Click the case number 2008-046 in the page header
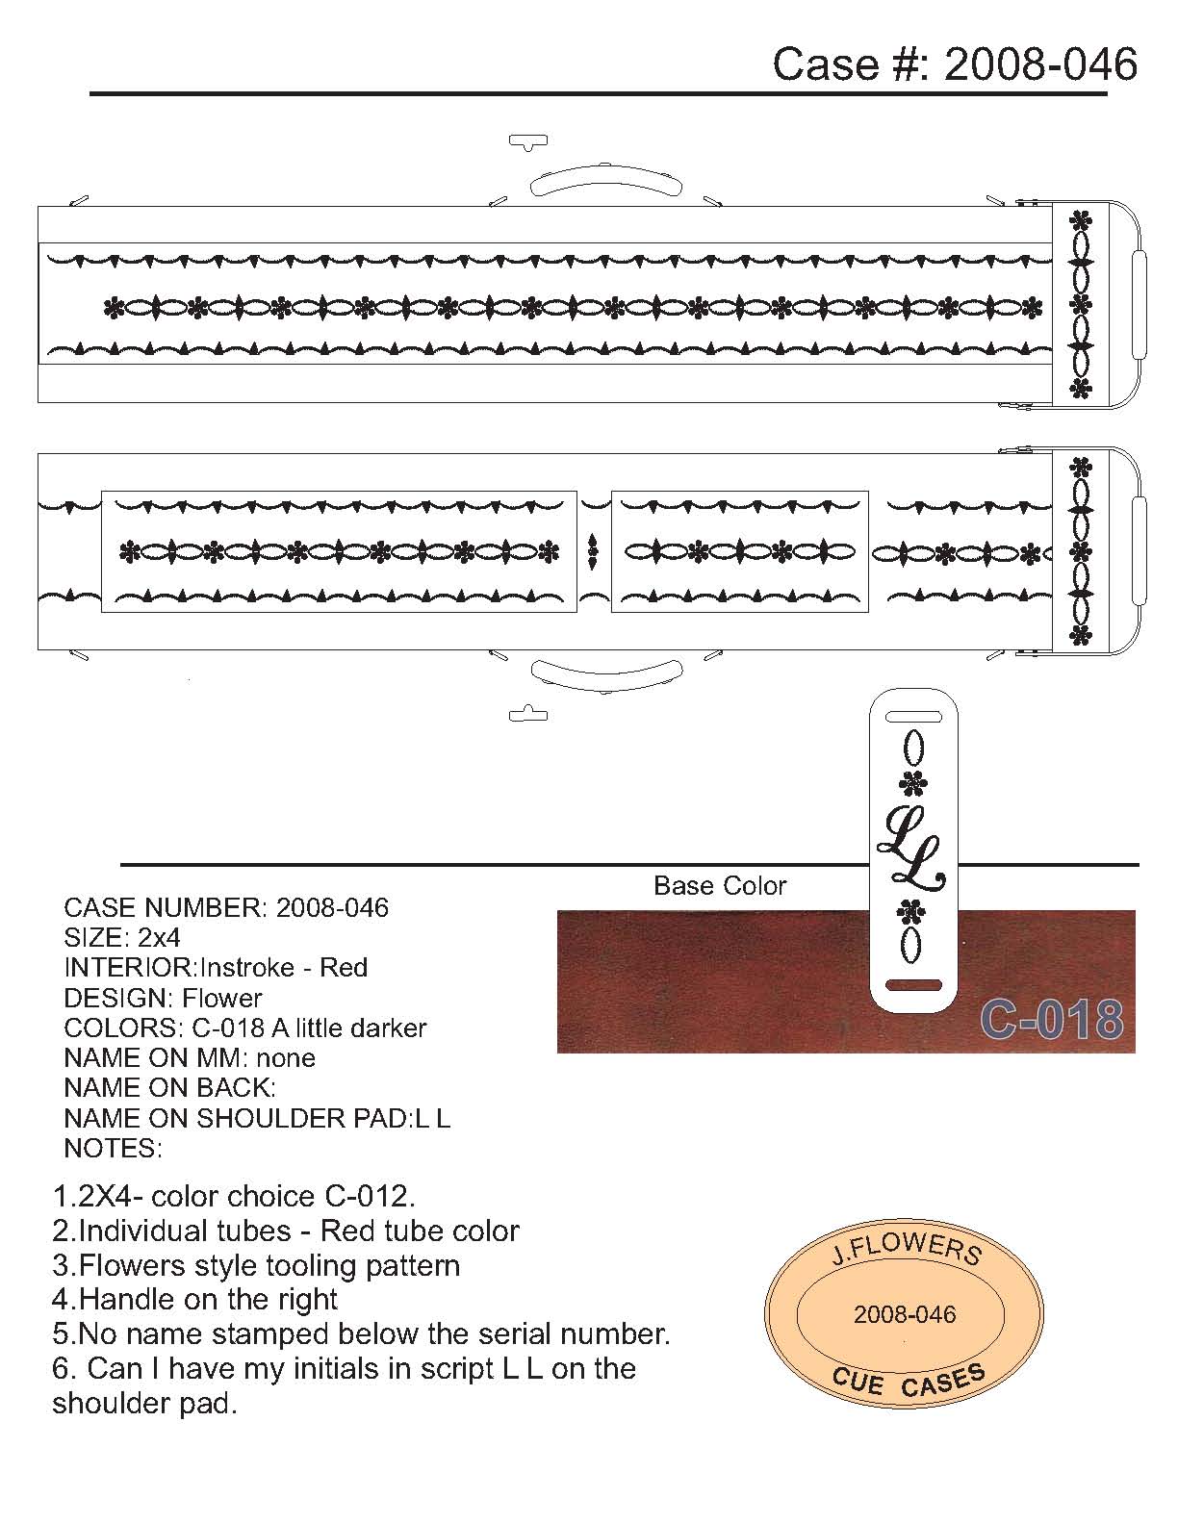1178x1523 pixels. point(1040,63)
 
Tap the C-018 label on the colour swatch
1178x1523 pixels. point(1051,1019)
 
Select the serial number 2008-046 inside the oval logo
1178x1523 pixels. point(905,1314)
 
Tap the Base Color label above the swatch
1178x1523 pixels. point(720,885)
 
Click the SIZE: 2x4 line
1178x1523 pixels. point(122,937)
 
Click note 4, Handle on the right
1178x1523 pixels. point(194,1299)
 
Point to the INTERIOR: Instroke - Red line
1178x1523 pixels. point(216,967)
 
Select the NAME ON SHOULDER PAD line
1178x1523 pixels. point(256,1118)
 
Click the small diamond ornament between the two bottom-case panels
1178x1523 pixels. point(593,551)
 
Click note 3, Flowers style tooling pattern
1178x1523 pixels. point(256,1264)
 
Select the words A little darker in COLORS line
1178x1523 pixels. point(349,1028)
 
